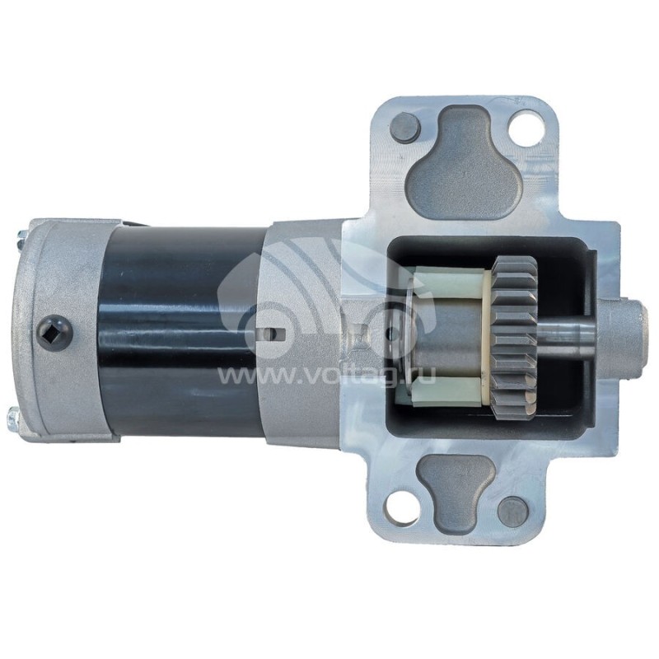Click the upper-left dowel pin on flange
(405, 127)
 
